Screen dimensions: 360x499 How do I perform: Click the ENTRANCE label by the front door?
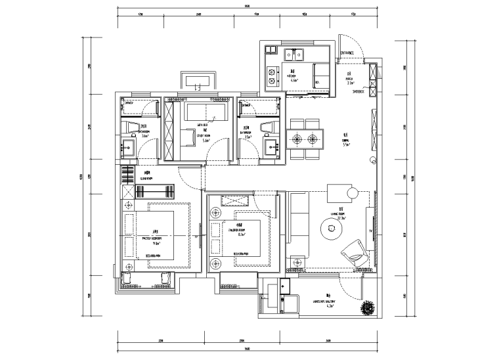pos(347,53)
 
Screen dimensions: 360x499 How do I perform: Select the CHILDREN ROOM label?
pos(236,231)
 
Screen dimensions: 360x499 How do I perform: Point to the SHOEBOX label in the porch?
pos(358,93)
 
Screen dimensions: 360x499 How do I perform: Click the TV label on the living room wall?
pos(371,231)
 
